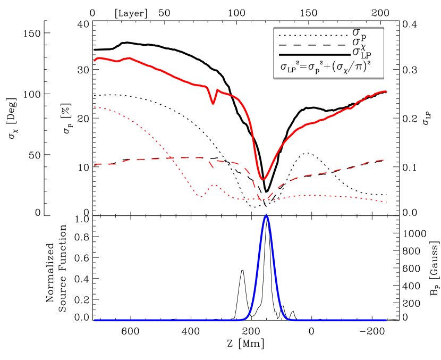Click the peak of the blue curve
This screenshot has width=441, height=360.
(x=266, y=215)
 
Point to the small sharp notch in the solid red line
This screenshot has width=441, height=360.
(x=213, y=103)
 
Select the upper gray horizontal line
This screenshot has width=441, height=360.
(x=328, y=28)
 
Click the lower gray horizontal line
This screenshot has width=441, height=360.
(x=328, y=78)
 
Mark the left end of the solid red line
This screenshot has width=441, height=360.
(x=95, y=61)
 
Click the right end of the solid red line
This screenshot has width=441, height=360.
(x=386, y=91)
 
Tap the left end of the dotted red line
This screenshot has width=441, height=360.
(x=95, y=107)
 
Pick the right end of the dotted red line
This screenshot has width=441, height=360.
(x=386, y=202)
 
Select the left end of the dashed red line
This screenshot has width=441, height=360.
(x=95, y=166)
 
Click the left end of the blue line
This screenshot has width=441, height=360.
(x=95, y=320)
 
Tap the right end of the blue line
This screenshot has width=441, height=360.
(x=386, y=320)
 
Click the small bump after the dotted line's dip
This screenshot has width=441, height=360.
(x=214, y=185)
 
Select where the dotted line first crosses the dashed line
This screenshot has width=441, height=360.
(x=170, y=158)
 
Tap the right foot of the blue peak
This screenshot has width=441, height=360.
(x=289, y=319)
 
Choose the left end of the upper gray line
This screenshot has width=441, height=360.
(x=274, y=28)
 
